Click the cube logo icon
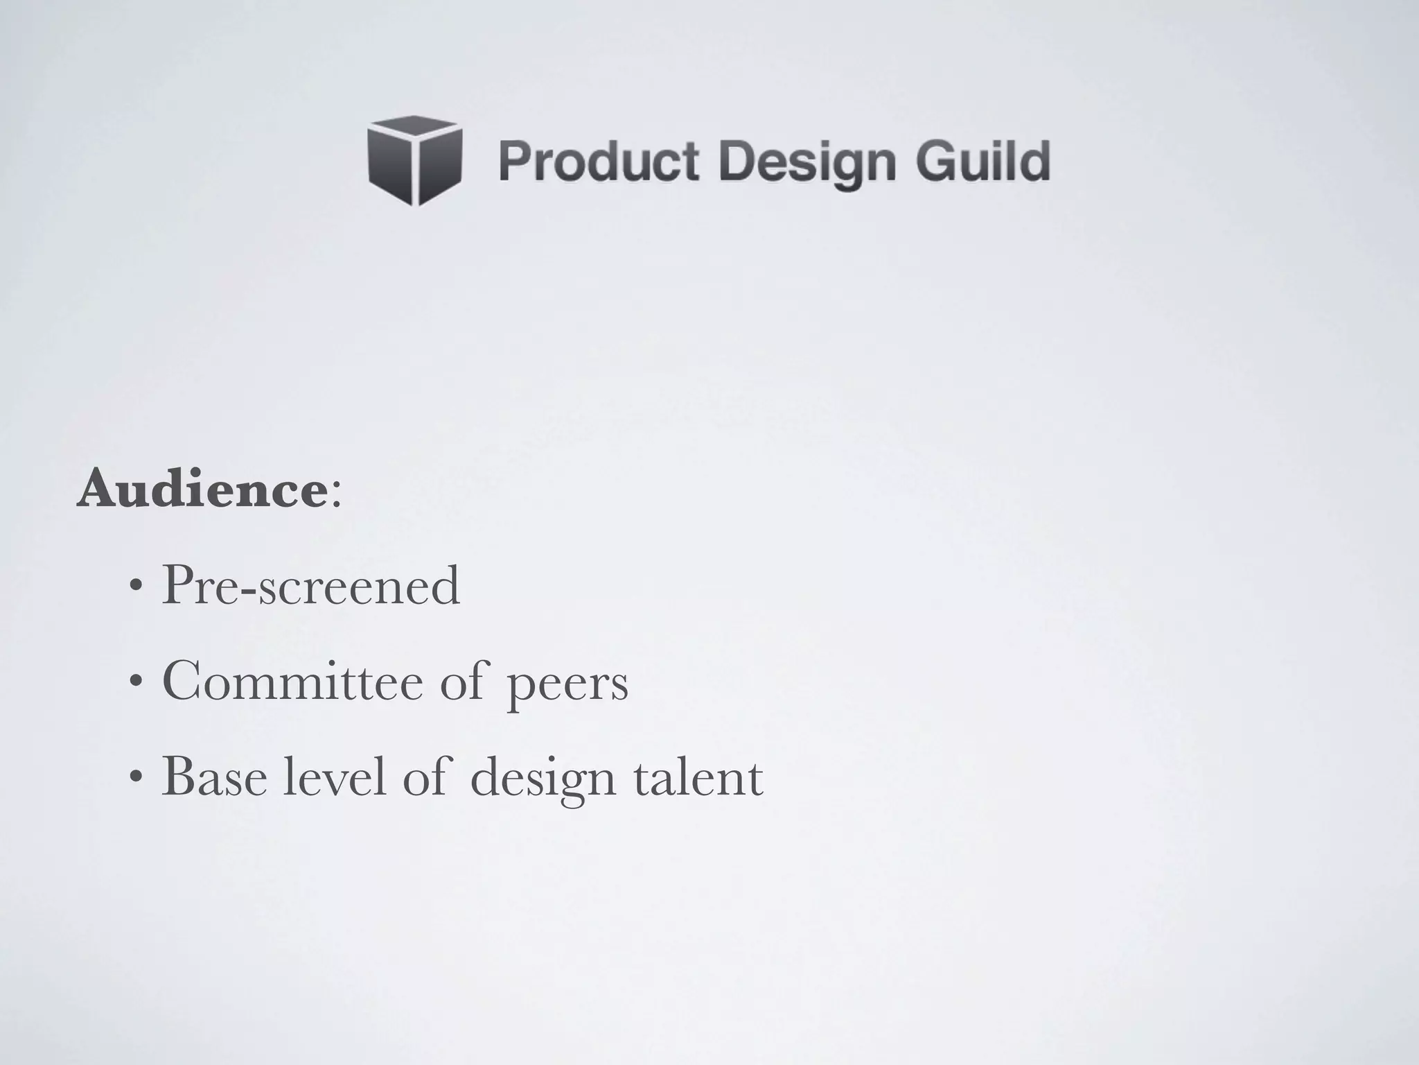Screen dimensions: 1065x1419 [x=415, y=161]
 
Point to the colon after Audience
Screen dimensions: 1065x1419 [x=336, y=494]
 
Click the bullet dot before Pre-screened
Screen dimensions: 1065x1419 [x=136, y=588]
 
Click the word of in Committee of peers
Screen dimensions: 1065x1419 [x=464, y=681]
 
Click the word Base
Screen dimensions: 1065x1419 [x=214, y=778]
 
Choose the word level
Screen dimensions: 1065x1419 [x=334, y=778]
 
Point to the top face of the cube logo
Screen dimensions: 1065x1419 [x=415, y=127]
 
